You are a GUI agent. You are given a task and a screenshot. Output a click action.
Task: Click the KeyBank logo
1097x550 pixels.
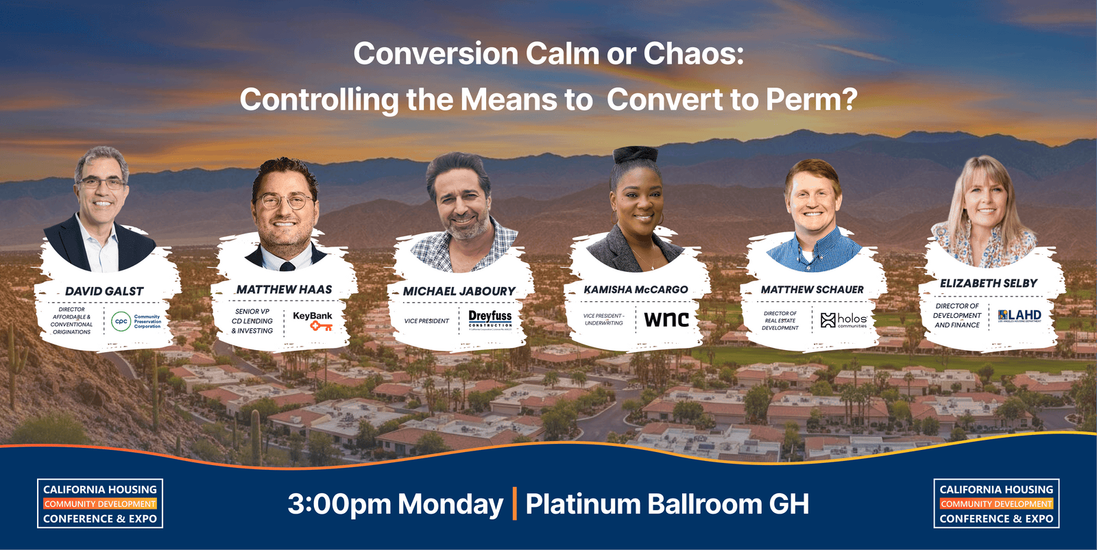click(x=313, y=321)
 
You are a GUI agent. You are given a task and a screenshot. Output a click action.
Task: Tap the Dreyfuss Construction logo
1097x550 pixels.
click(x=490, y=319)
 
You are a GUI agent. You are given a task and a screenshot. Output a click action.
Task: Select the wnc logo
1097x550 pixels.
click(x=666, y=318)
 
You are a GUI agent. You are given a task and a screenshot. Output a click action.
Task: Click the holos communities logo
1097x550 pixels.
click(x=844, y=320)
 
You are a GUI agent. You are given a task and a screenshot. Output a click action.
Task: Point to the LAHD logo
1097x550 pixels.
click(x=1020, y=316)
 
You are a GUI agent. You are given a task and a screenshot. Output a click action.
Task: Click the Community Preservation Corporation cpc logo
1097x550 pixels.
click(x=136, y=321)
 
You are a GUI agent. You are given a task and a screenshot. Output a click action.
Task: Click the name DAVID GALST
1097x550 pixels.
click(x=104, y=291)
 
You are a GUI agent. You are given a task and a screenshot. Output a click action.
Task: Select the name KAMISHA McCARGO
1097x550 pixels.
click(x=636, y=290)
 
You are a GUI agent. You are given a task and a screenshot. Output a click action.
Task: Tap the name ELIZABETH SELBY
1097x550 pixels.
click(x=988, y=283)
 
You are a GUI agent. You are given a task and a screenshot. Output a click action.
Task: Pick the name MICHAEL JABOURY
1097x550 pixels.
click(x=459, y=291)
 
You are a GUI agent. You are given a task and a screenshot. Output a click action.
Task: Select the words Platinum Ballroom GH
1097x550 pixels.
click(x=667, y=504)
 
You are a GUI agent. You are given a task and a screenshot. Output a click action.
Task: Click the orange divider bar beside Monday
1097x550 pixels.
click(x=514, y=503)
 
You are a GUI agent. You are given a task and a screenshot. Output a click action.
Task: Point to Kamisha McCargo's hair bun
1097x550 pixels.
click(x=636, y=154)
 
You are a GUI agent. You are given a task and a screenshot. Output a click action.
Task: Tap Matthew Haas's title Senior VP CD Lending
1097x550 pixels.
click(x=252, y=321)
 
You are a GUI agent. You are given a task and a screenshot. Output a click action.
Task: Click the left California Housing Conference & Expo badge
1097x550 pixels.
click(x=100, y=503)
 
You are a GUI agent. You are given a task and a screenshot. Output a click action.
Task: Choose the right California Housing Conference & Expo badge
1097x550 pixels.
click(x=996, y=503)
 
